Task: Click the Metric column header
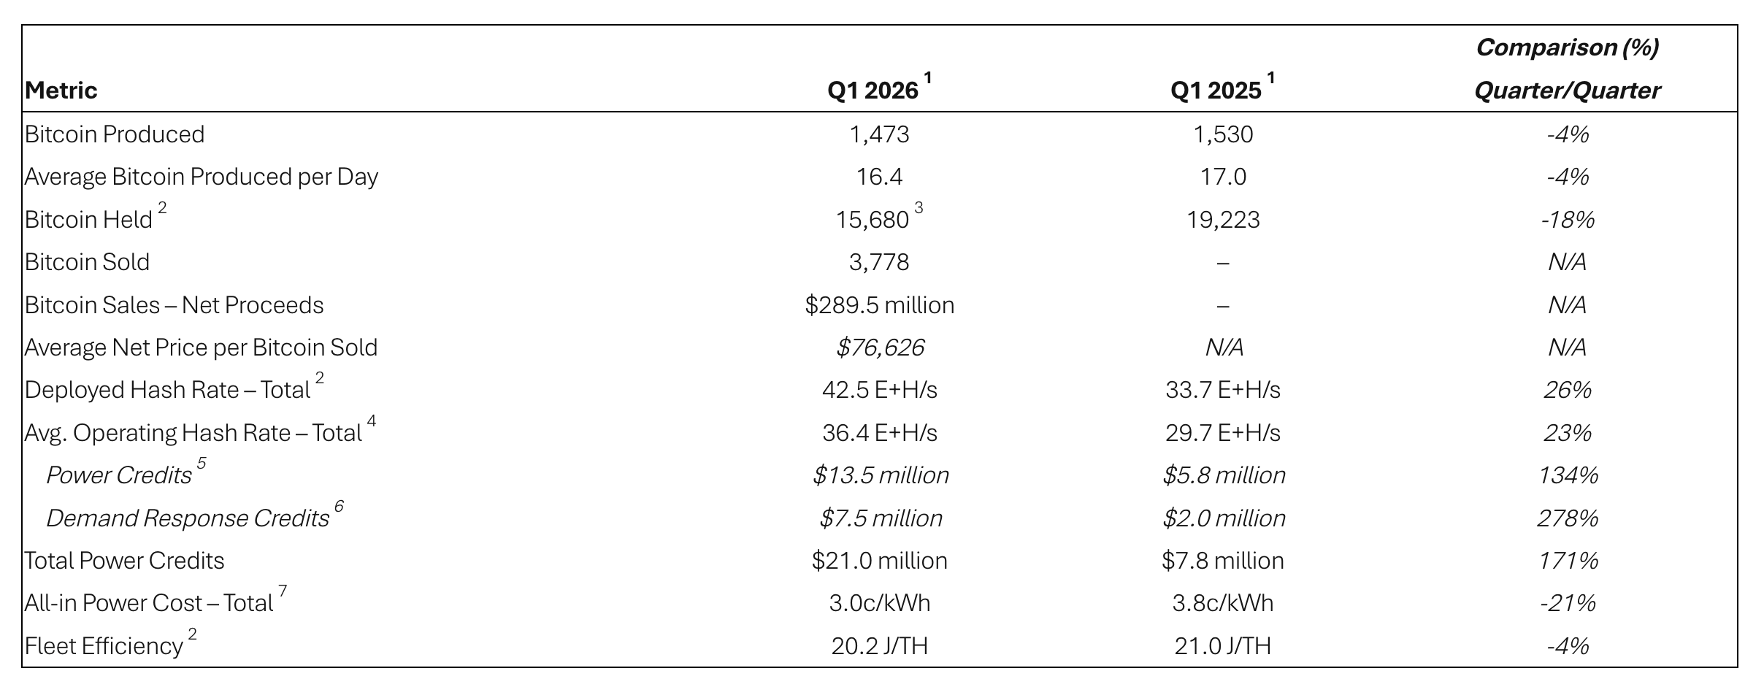pos(61,91)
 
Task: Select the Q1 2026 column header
pos(873,91)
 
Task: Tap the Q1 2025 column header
pos(1216,91)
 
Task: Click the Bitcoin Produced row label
pos(115,134)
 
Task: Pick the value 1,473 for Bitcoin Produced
pos(879,134)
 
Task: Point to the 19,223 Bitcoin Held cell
pos(1223,220)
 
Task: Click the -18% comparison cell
pos(1567,220)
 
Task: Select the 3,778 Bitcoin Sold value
pos(879,262)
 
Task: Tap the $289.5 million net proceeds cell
pos(879,305)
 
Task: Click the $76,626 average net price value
pos(880,348)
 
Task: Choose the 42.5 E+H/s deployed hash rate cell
pos(879,390)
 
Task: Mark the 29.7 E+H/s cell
pos(1223,433)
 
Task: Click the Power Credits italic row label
pos(119,475)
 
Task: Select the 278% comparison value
pos(1567,518)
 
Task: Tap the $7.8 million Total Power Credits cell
pos(1223,561)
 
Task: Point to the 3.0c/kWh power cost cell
pos(879,603)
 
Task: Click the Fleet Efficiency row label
pos(104,646)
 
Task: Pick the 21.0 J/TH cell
pos(1223,646)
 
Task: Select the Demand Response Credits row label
pos(188,518)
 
